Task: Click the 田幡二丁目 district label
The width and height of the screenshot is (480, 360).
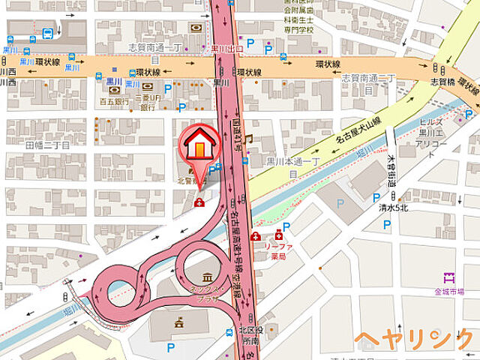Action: point(47,145)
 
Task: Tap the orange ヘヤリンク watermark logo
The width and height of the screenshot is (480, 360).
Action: point(414,340)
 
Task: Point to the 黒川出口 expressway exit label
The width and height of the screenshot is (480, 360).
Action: point(226,49)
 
